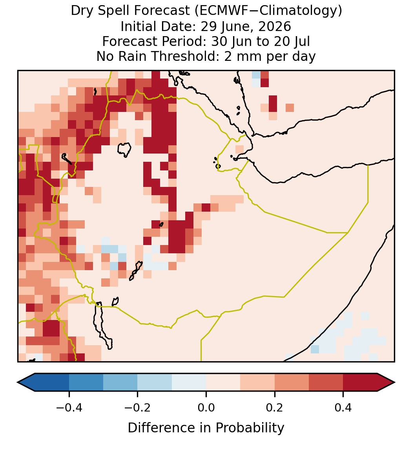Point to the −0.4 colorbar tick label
point(69,407)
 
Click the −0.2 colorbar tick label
point(138,407)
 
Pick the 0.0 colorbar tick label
point(206,407)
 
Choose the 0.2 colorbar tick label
point(275,407)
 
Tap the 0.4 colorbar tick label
point(343,407)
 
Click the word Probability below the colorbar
point(250,428)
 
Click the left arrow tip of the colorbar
point(18,382)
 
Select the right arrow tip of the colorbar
point(395,382)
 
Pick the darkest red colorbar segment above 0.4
point(360,382)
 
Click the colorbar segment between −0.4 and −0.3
point(86,382)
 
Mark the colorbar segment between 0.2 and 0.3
point(292,382)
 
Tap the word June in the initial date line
point(235,26)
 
